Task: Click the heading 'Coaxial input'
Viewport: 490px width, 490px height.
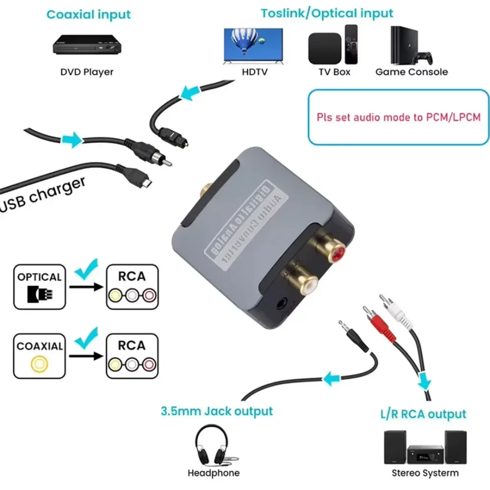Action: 89,14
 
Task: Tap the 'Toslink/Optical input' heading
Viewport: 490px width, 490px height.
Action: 327,13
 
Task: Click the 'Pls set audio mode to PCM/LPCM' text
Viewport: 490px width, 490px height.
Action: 398,117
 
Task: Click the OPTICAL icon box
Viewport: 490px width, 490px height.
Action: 39,287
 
